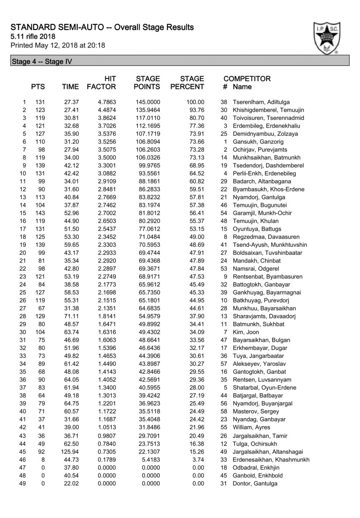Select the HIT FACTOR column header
(101, 83)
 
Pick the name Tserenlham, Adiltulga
(261, 102)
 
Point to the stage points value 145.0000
(148, 102)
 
